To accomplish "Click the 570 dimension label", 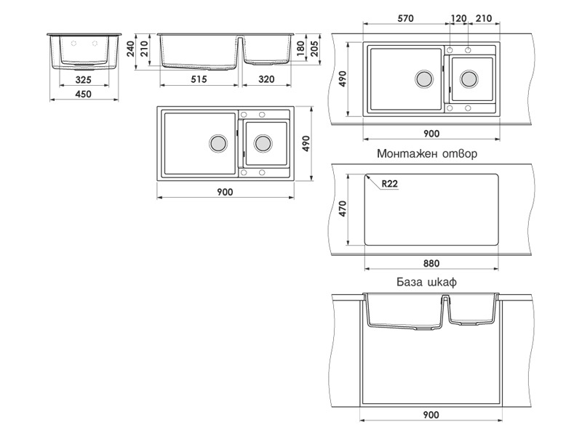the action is point(405,18).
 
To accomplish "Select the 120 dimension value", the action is point(458,18).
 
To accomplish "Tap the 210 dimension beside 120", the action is point(484,18).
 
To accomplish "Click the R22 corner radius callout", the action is point(389,184).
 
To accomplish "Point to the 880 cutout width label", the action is point(431,263).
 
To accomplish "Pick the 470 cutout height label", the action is point(342,209).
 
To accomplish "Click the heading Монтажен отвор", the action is point(427,153).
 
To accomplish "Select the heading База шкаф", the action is point(427,282).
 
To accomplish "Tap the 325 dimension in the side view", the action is point(83,79).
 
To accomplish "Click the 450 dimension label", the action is point(83,94).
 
